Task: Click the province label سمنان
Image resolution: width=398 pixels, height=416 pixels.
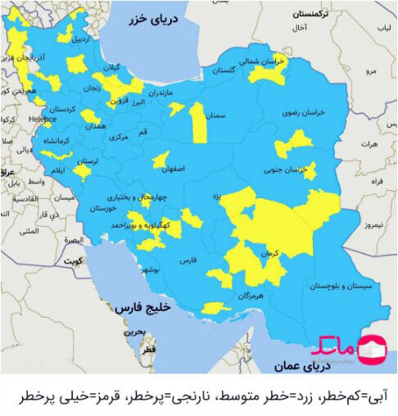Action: pos(215,116)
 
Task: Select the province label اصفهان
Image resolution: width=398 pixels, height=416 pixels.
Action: pos(173,169)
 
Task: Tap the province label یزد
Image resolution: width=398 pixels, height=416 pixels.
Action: pos(217,197)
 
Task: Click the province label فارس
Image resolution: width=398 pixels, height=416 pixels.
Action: pos(188,260)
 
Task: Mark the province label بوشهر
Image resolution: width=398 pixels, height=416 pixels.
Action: pos(149,269)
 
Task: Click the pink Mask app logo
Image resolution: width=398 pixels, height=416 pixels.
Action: pos(373,348)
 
